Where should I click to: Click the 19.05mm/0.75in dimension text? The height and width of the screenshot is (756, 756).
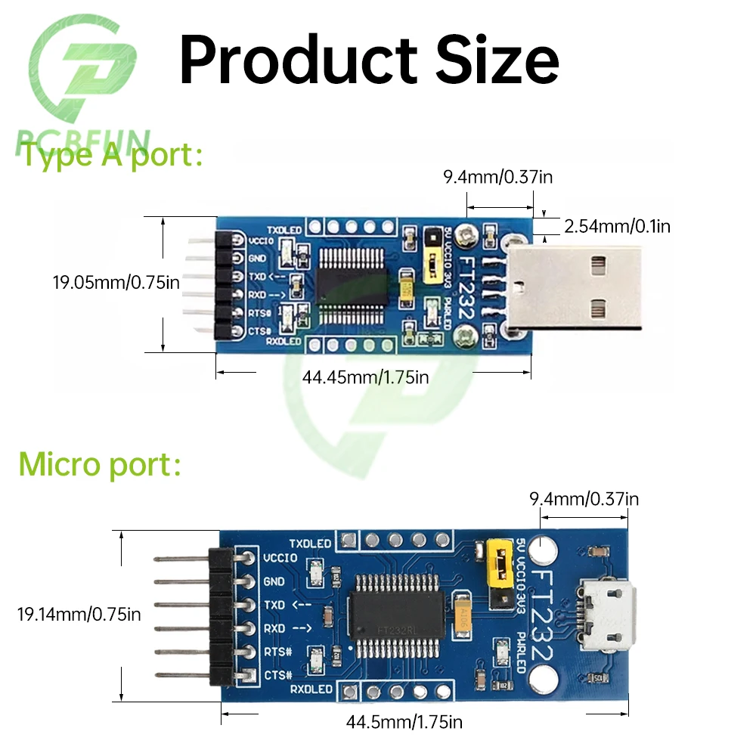116,283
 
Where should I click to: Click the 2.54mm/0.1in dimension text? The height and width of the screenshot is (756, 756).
618,225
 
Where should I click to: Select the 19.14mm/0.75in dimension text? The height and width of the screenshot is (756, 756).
79,614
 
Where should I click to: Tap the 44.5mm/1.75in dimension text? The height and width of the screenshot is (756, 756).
404,722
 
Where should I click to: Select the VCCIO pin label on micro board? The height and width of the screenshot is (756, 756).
280,559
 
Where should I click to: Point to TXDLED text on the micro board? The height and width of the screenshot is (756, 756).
310,543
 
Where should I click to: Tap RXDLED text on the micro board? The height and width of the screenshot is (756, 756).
311,689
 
